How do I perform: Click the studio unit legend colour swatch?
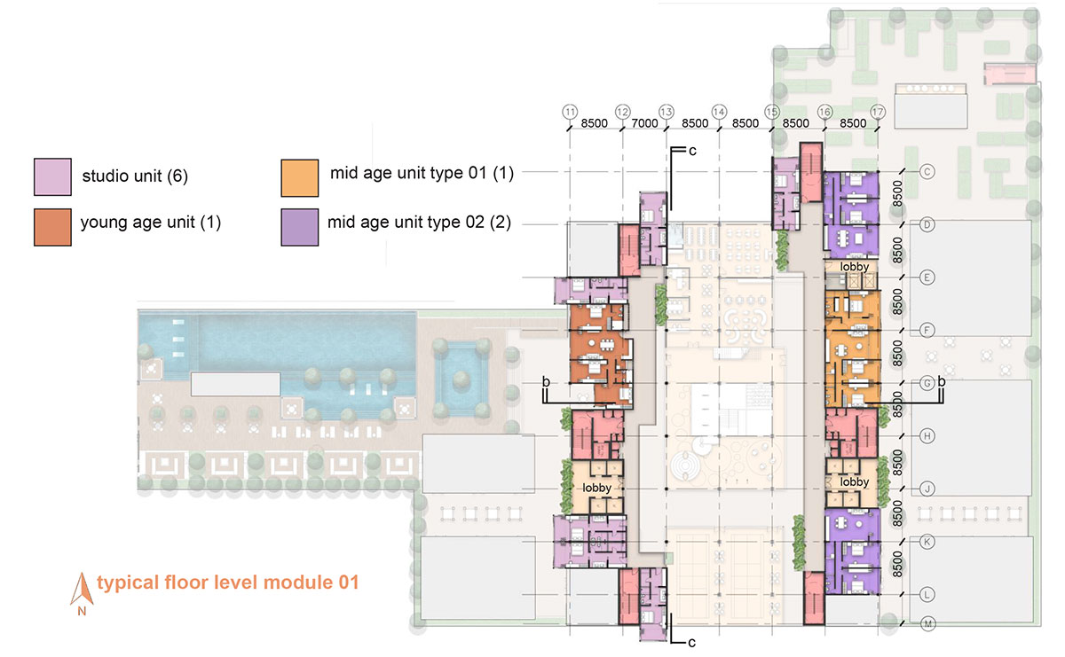pos(52,176)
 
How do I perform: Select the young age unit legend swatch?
pos(52,227)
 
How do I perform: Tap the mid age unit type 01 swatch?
pos(300,178)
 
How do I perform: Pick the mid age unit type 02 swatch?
pos(300,227)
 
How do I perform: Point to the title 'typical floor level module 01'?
pos(228,583)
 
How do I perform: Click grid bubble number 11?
pos(570,112)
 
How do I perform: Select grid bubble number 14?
pos(719,112)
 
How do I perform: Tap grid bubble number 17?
pos(878,112)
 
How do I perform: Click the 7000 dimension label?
pos(644,123)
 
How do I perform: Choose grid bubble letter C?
pos(927,171)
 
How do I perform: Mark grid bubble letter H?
pos(927,436)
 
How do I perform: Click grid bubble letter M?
pos(927,623)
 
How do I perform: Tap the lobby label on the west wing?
pos(596,488)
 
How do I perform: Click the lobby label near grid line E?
pos(855,267)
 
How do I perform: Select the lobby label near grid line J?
pos(855,482)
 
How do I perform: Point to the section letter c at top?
pos(692,151)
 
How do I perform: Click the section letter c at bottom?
pos(691,643)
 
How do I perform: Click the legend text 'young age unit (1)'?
pos(151,223)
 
